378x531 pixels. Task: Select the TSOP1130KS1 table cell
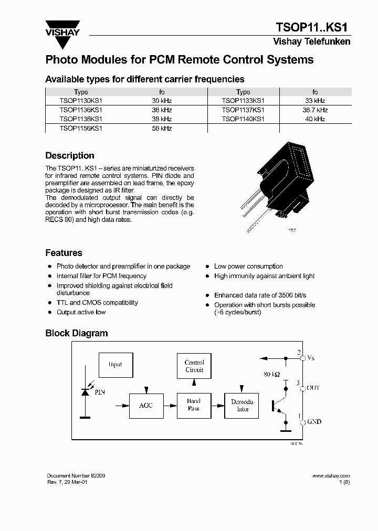[81, 100]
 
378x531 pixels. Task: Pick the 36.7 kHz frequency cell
[314, 110]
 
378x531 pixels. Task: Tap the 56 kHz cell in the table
[162, 129]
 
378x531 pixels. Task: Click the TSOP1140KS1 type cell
[243, 119]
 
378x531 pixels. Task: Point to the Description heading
[70, 156]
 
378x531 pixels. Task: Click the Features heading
[64, 253]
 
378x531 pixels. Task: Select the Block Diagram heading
[76, 333]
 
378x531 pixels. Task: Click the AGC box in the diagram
[146, 406]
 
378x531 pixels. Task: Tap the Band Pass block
[194, 405]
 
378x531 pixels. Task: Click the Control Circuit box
[194, 366]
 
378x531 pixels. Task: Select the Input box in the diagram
[115, 365]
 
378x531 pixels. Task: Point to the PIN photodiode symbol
[86, 391]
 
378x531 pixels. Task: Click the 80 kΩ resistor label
[271, 375]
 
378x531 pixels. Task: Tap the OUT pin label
[313, 388]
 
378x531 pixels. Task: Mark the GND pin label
[314, 422]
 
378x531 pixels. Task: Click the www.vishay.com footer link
[331, 475]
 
